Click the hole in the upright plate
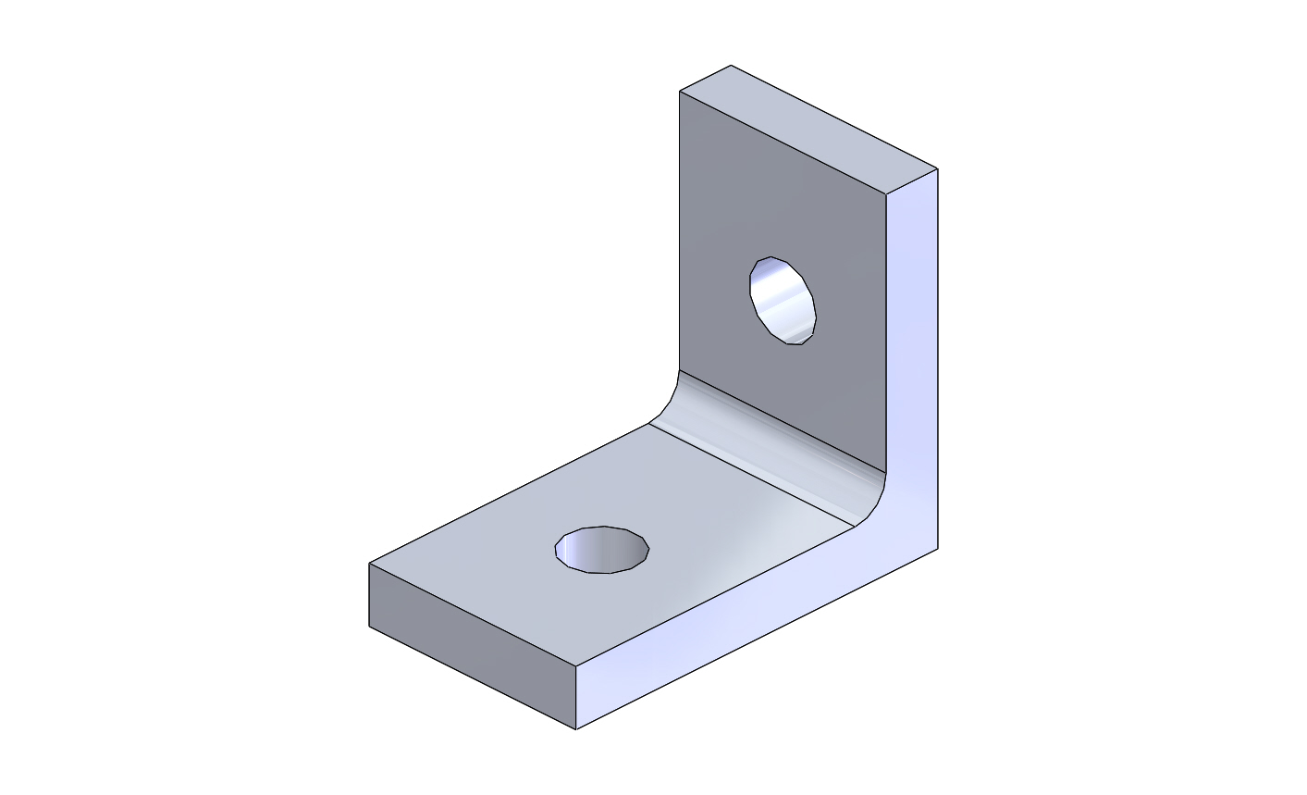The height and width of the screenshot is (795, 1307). pyautogui.click(x=783, y=302)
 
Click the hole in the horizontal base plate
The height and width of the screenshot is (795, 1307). pyautogui.click(x=602, y=550)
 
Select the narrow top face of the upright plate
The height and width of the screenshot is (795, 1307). pyautogui.click(x=808, y=130)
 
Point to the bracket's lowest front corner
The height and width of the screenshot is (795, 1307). pyautogui.click(x=576, y=729)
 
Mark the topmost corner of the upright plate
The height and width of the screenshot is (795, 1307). pyautogui.click(x=732, y=65)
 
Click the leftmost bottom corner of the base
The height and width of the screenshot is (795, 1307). pyautogui.click(x=369, y=627)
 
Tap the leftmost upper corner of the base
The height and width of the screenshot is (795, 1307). pyautogui.click(x=369, y=563)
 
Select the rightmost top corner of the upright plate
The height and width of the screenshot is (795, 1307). pyautogui.click(x=938, y=168)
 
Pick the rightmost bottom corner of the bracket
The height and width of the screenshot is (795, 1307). pyautogui.click(x=938, y=548)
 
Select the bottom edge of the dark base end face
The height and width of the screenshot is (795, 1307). pyautogui.click(x=472, y=677)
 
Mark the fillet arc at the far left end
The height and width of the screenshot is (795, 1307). pyautogui.click(x=669, y=404)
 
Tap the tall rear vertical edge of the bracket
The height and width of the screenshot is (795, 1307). pyautogui.click(x=938, y=361)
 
